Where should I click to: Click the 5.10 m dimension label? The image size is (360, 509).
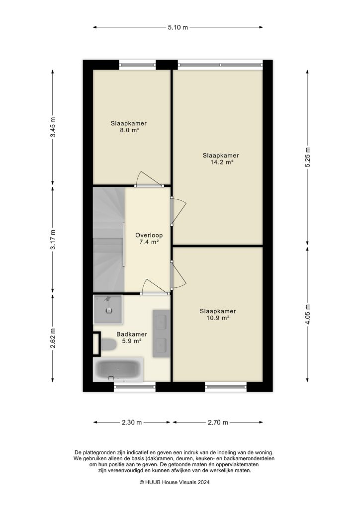(x=178, y=27)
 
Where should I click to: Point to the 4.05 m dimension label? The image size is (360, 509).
(x=308, y=315)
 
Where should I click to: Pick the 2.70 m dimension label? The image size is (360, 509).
(x=218, y=423)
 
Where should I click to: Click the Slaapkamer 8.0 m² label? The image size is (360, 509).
(x=128, y=127)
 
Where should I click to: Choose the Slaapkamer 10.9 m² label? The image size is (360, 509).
(x=218, y=315)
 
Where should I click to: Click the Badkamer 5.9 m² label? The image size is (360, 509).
(x=129, y=338)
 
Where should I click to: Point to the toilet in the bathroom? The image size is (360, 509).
(x=106, y=344)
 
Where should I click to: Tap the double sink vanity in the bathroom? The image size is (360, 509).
(x=162, y=333)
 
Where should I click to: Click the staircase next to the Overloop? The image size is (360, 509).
(x=108, y=239)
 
